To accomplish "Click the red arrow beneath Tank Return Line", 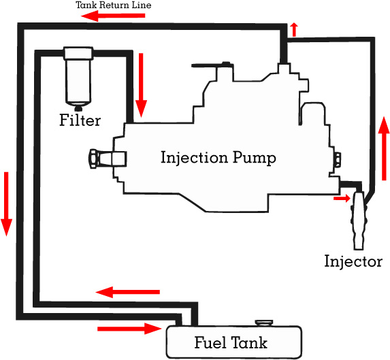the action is tap(113, 16).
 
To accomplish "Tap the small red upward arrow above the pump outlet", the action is tap(294, 29).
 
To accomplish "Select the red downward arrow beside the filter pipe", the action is tap(142, 85).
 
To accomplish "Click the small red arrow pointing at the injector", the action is tap(342, 198).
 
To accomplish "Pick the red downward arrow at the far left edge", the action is tap(6, 204).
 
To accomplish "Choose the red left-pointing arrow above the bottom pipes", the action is tap(127, 292).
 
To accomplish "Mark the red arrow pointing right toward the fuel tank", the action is tap(129, 329).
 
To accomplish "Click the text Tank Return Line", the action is tap(114, 5).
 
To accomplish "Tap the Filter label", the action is tap(80, 120).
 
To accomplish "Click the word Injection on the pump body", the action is tap(194, 158).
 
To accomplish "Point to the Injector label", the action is tap(353, 261).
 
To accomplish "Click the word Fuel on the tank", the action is tap(210, 342).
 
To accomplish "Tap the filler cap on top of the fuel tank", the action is tap(264, 323).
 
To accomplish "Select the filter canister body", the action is tap(78, 77).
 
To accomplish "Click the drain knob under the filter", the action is tap(78, 108).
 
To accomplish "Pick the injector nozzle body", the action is tap(359, 220).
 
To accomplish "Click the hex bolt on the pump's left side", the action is tap(93, 159).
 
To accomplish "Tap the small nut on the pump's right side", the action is tap(338, 159).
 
